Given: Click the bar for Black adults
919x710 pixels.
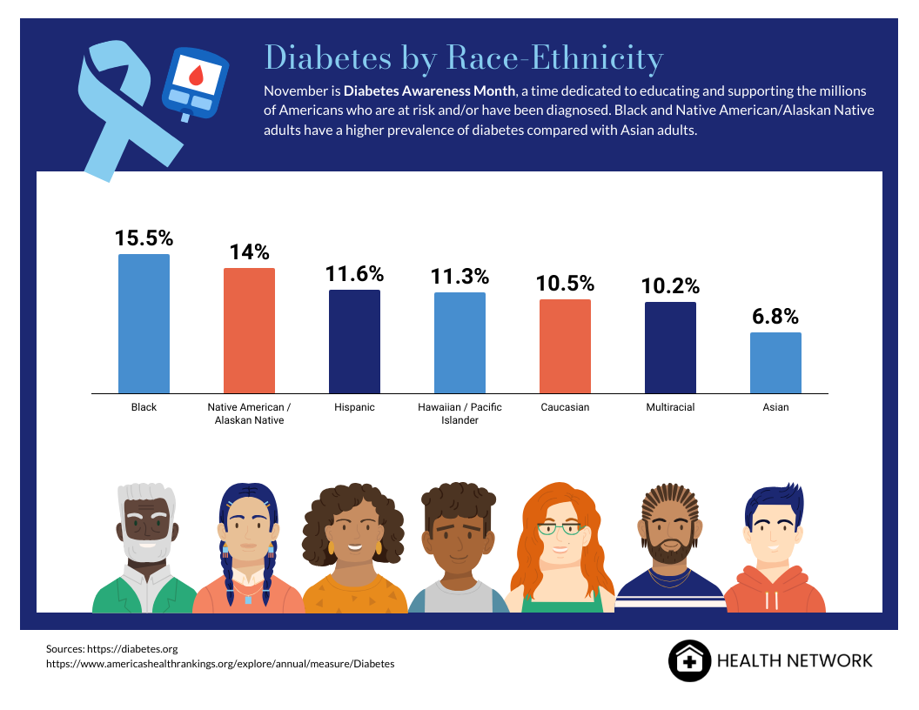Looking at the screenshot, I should [144, 323].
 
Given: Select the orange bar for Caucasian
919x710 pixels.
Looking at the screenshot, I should [565, 345].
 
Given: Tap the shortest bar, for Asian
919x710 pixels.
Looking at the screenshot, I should [775, 362].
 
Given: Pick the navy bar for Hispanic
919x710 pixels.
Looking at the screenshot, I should [354, 341].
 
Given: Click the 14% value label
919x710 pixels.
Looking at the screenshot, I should [250, 252].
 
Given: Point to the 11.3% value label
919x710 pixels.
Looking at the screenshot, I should [459, 277].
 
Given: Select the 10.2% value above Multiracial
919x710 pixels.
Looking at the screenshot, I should [670, 286].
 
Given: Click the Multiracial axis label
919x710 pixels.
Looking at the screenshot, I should [670, 407].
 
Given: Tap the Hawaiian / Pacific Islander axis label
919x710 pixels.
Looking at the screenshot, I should [459, 413].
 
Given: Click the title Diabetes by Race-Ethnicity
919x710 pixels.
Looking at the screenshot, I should [463, 58].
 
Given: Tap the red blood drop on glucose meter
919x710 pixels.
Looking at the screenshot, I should [196, 77].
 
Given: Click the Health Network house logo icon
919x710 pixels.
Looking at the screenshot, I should [689, 660].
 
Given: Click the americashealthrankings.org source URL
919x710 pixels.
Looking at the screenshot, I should [220, 663].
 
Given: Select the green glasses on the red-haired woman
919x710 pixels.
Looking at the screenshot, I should [560, 527].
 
